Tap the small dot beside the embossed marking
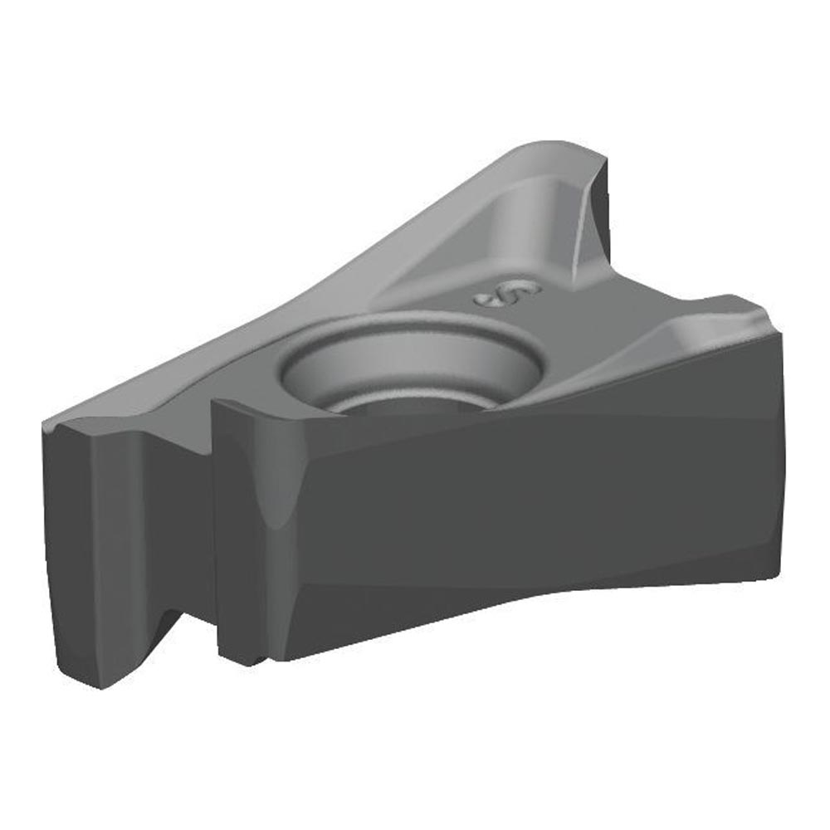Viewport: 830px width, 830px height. pyautogui.click(x=483, y=300)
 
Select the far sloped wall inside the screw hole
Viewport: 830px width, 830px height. pyautogui.click(x=407, y=353)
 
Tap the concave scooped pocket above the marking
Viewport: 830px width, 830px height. pyautogui.click(x=531, y=220)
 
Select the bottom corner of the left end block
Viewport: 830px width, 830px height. pyautogui.click(x=100, y=686)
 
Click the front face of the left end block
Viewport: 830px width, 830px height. pyautogui.click(x=116, y=548)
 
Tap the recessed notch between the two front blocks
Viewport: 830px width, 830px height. pyautogui.click(x=191, y=531)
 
